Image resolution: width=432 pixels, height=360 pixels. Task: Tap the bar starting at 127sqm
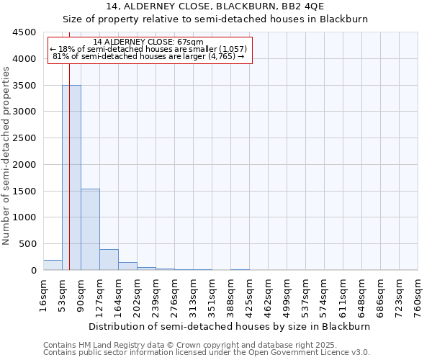pyautogui.click(x=109, y=260)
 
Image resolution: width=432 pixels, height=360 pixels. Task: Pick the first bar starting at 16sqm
pyautogui.click(x=53, y=265)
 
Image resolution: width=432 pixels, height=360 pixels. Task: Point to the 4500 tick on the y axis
pyautogui.click(x=24, y=32)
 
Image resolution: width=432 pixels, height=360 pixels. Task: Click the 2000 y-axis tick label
pyautogui.click(x=24, y=165)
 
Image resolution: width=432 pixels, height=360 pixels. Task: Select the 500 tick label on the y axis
pyautogui.click(x=27, y=244)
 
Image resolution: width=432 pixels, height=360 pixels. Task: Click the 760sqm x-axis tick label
pyautogui.click(x=418, y=294)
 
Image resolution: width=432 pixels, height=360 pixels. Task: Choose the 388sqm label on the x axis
pyautogui.click(x=230, y=294)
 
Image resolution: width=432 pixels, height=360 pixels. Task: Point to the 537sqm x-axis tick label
pyautogui.click(x=305, y=294)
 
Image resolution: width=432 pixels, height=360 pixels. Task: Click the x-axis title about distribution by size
pyautogui.click(x=230, y=326)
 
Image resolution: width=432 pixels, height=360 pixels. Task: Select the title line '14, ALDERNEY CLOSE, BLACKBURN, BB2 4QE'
pyautogui.click(x=215, y=6)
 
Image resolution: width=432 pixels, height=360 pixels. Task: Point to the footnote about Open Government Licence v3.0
pyautogui.click(x=207, y=353)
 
